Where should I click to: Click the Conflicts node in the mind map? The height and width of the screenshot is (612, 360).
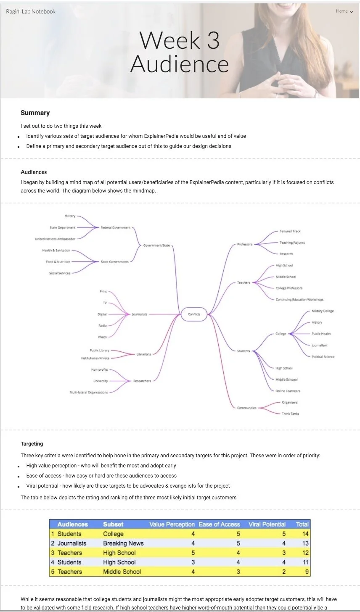coord(194,314)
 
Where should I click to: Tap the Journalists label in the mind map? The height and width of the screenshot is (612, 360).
coord(139,314)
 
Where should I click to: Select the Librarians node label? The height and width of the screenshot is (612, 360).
coord(144,354)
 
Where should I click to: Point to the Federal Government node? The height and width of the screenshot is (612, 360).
coord(116,227)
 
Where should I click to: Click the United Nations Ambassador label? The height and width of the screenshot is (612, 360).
coord(55,239)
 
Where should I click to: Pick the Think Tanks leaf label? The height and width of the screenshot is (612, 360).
coord(291,414)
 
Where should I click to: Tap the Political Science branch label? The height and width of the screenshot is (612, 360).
coord(323,357)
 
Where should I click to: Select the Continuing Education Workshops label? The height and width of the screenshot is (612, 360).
coord(299,300)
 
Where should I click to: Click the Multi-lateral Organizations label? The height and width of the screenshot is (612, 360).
coord(88,392)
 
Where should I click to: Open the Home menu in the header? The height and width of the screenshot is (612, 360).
coord(344,11)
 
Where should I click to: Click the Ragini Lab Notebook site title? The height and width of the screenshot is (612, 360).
coord(31,11)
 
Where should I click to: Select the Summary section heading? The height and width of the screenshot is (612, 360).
coord(35,113)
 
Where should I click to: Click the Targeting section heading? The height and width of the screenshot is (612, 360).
coord(32,443)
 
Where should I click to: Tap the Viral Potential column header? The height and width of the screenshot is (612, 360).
coord(267,524)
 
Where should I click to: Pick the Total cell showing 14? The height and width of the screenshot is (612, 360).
coord(305,534)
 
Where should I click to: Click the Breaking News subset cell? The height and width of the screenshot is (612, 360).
coord(123,543)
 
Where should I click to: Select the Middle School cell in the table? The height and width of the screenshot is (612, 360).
coord(122,572)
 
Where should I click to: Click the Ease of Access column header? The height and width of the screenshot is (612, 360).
coord(219,524)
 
